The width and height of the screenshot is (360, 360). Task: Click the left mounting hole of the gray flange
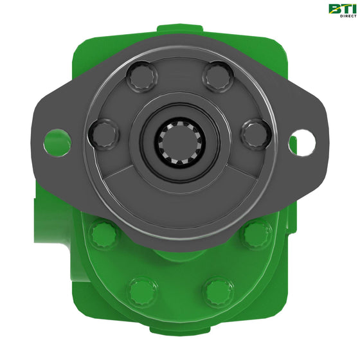tap(57, 142)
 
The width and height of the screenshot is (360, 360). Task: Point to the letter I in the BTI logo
tap(354, 8)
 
